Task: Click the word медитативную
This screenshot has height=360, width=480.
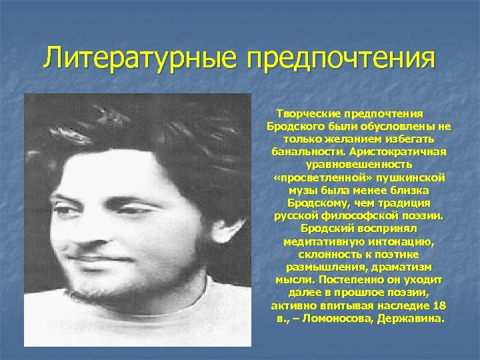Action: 322,241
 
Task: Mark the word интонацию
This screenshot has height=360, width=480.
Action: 403,241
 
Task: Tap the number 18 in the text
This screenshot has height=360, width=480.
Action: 439,306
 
